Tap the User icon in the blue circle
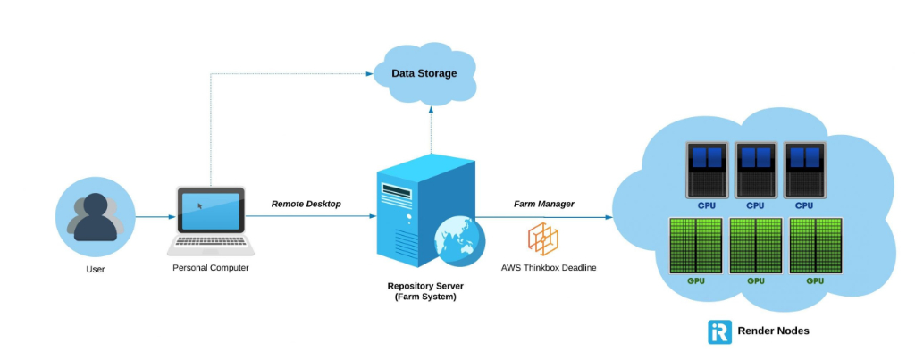95,215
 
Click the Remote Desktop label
306,204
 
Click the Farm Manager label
543,204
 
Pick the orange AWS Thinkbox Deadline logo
543,239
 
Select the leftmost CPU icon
707,169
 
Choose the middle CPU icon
755,169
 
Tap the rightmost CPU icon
803,169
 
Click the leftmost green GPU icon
696,246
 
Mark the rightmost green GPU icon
815,246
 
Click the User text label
95,268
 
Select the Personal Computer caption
211,267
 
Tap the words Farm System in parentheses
425,297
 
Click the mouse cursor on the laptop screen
199,205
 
